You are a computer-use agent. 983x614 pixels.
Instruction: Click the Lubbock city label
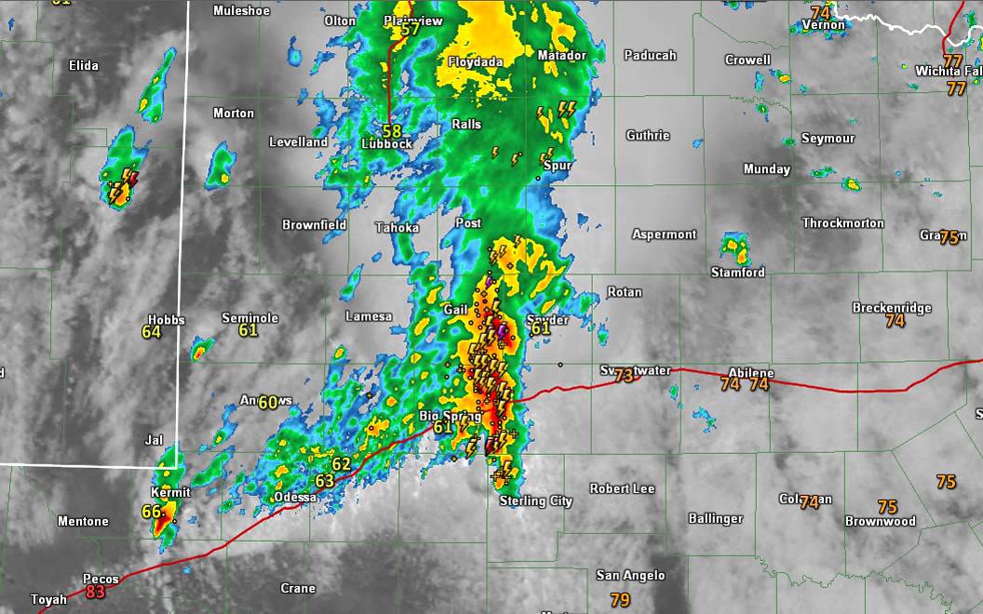[386, 143]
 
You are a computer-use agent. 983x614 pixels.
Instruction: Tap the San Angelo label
[630, 575]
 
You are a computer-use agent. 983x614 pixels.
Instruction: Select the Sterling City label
[535, 501]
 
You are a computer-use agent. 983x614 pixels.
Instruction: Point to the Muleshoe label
[241, 11]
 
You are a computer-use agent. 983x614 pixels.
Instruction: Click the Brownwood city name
[880, 522]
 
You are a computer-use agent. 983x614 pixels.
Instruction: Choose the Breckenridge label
[892, 308]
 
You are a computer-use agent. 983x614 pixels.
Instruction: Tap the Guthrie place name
[647, 136]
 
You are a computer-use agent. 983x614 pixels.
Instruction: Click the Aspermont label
[664, 234]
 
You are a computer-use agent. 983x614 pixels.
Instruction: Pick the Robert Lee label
[622, 488]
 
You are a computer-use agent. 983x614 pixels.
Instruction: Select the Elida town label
[84, 65]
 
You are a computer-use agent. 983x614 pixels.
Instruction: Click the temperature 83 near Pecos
[95, 592]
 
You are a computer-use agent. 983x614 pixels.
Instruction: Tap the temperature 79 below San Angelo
[620, 600]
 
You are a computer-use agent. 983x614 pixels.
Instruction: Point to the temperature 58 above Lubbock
[392, 131]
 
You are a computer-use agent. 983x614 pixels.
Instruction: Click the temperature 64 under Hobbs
[152, 332]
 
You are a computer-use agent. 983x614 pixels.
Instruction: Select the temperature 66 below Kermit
[151, 512]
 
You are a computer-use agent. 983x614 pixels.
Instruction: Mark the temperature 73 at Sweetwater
[624, 375]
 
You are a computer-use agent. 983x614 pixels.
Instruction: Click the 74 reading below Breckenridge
[895, 321]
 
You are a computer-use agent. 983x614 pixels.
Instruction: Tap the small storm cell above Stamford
[734, 247]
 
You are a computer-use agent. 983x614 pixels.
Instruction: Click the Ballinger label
[715, 518]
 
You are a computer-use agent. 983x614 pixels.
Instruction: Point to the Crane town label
[298, 588]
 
